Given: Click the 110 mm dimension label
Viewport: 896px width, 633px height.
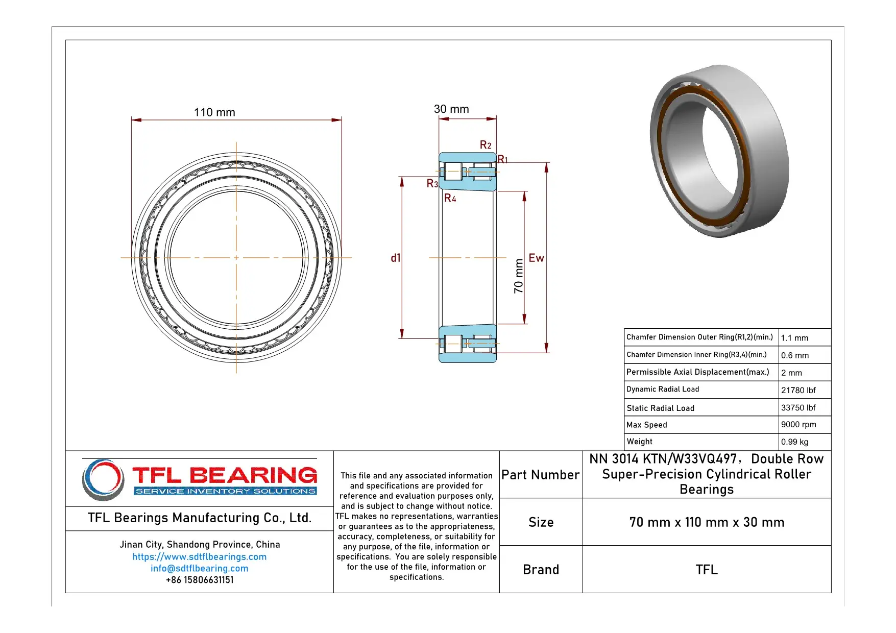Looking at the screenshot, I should [x=214, y=112].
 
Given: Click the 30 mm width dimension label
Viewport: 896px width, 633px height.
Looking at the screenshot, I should [x=451, y=109].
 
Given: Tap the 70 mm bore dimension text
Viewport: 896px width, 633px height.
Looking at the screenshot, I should [x=519, y=276].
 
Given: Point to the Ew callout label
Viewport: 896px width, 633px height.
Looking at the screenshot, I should [x=536, y=258].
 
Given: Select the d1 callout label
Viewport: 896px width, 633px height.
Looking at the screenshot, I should [x=396, y=258].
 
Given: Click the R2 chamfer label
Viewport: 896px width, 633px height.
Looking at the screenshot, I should [x=486, y=145].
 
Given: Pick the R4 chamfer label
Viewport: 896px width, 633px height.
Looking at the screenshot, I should [x=450, y=198].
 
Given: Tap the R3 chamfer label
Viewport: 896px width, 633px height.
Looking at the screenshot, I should [x=432, y=184].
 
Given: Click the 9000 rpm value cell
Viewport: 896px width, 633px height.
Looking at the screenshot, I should [x=798, y=425].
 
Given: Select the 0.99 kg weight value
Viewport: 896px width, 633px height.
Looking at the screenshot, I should [x=794, y=442].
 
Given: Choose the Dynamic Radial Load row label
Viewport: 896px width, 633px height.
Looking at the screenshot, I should [x=663, y=389].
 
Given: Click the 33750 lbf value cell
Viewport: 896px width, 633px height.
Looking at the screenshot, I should [x=798, y=408].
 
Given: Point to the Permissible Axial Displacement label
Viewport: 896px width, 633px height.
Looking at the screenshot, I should [x=697, y=372].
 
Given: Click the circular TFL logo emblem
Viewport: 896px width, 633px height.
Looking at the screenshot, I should [x=103, y=479].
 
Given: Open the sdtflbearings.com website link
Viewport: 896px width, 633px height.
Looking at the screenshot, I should [x=199, y=557].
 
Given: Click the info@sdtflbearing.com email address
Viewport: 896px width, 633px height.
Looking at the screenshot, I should [x=199, y=569].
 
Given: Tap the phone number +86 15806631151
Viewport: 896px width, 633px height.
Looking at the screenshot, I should [x=199, y=580].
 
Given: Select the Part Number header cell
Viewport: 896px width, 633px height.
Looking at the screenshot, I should [x=540, y=475].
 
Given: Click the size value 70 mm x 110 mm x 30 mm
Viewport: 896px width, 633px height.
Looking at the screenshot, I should [x=707, y=522].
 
